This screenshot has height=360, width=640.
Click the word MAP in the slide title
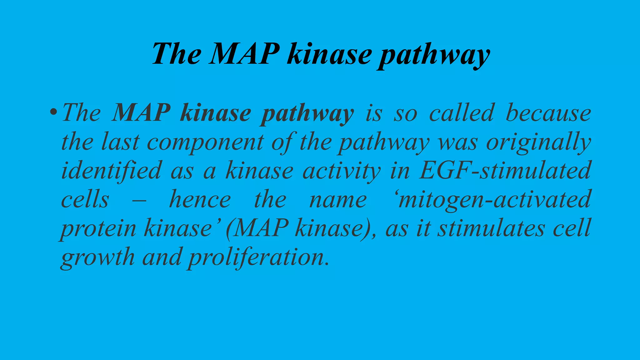coord(245,53)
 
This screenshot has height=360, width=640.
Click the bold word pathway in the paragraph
coord(307,114)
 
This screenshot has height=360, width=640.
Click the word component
coord(205,142)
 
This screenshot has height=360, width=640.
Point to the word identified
coord(111,171)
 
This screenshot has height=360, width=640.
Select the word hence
coord(200,199)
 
